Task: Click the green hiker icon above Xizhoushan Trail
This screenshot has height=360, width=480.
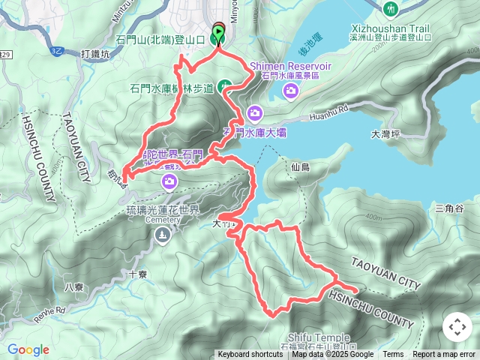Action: coord(390,9)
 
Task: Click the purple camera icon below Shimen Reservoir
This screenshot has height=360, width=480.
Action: coord(290,91)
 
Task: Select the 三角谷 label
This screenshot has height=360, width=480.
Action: coord(450,208)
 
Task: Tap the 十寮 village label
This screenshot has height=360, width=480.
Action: coord(137,274)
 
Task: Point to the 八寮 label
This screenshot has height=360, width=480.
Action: coord(73,286)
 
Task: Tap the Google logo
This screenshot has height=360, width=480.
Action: coord(28,349)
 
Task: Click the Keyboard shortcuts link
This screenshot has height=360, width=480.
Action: coord(250,355)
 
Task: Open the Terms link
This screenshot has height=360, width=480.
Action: coord(393,355)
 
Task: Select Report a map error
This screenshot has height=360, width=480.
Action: coord(445,355)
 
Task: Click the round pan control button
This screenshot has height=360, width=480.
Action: coord(457,327)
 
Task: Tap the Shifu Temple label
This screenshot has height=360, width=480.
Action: coord(313,338)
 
